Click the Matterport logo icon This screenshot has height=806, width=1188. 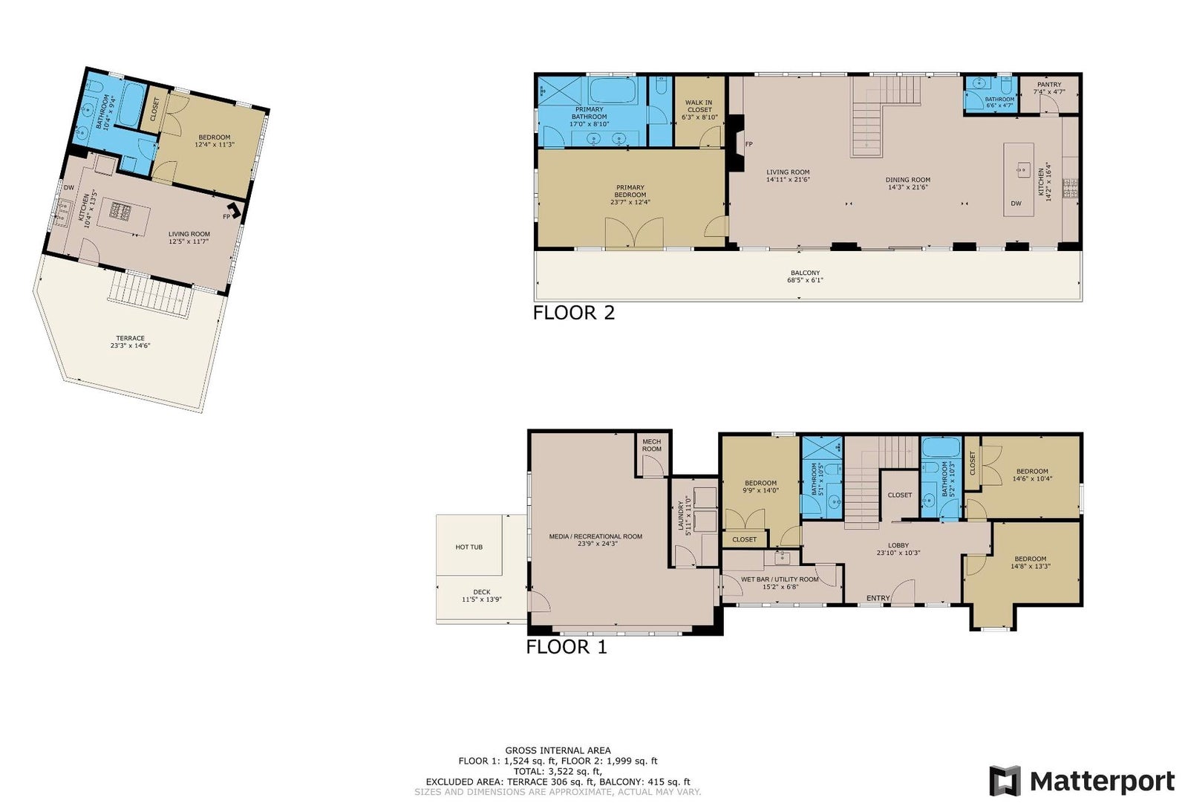[x=1005, y=781]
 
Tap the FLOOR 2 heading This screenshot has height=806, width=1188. [x=573, y=313]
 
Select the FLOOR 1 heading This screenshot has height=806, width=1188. [x=566, y=647]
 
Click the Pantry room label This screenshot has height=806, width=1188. [x=1049, y=88]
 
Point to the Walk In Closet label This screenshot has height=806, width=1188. [x=699, y=110]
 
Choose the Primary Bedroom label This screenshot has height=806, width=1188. [x=630, y=195]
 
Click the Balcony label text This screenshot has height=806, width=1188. [x=805, y=276]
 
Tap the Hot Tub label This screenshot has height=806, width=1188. [x=469, y=547]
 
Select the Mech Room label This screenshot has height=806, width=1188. [x=652, y=445]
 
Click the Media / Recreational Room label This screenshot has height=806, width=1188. [x=595, y=539]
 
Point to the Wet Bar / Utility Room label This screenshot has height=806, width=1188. [x=780, y=583]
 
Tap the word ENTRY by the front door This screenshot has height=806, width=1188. [x=878, y=598]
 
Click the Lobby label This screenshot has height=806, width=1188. [x=898, y=549]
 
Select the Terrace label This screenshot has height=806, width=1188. [x=131, y=342]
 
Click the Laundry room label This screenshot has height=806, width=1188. [x=685, y=516]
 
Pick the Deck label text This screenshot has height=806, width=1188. [x=482, y=596]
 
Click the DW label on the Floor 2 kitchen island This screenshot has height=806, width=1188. [x=1016, y=204]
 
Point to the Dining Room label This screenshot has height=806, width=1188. [x=907, y=183]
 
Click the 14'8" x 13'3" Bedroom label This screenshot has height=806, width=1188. [x=1031, y=562]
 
